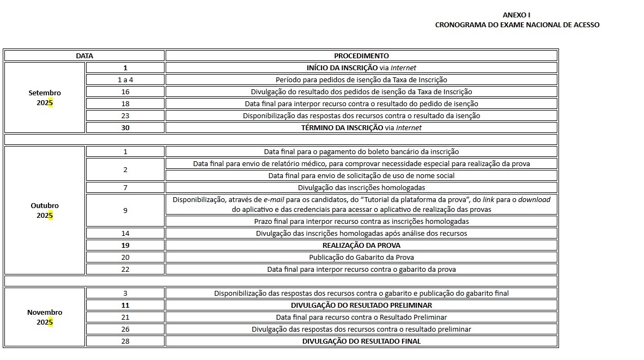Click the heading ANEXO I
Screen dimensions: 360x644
pos(516,15)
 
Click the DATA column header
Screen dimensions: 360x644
pos(84,56)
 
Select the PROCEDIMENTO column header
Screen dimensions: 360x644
pos(361,56)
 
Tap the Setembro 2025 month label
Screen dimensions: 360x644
pos(45,97)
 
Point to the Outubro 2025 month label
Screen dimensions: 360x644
pos(45,210)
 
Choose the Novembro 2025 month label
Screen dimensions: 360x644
pos(45,317)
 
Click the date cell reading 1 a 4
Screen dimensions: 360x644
pos(125,80)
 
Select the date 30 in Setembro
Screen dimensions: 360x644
pos(125,127)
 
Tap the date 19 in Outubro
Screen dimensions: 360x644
pos(125,245)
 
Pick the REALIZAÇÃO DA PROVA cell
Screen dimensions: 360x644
pos(361,245)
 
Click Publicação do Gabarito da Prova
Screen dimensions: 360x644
pos(361,257)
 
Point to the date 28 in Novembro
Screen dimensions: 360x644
pos(125,341)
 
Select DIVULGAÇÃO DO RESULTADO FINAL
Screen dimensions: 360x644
pos(361,341)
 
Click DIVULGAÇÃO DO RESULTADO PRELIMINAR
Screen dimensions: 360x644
pos(361,305)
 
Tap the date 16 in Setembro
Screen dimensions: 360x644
pos(125,91)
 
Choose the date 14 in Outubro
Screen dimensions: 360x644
pos(125,233)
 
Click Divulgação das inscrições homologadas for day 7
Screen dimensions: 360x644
pos(361,187)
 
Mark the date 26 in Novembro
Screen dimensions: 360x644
pos(125,329)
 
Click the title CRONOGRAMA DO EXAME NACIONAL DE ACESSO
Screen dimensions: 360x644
pos(517,25)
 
